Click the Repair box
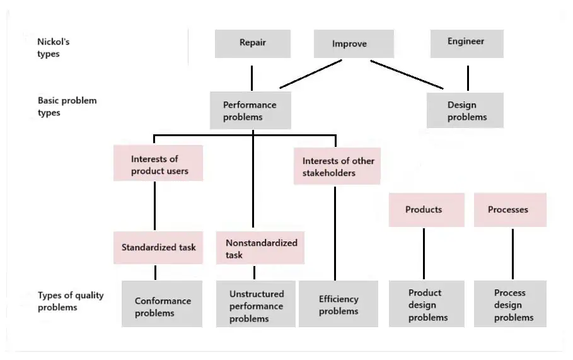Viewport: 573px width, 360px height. click(252, 44)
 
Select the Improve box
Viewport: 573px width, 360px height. click(354, 45)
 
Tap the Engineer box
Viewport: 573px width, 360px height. click(466, 43)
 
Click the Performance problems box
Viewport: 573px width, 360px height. click(250, 111)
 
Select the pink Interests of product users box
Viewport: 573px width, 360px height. click(158, 164)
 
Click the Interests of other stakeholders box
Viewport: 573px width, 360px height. click(337, 167)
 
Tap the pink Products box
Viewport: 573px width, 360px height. click(426, 210)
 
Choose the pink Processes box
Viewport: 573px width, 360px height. click(510, 210)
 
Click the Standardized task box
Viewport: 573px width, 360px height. click(158, 247)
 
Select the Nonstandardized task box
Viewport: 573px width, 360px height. click(260, 248)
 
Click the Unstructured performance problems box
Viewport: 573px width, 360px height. click(255, 306)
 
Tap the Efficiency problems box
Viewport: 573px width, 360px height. click(339, 305)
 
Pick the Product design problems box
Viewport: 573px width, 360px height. click(427, 305)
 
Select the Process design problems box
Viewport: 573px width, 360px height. click(510, 305)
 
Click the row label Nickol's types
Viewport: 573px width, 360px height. click(54, 48)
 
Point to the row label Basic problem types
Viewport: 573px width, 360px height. click(67, 107)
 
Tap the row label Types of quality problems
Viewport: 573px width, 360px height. click(71, 301)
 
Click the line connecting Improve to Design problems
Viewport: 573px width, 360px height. click(407, 74)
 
